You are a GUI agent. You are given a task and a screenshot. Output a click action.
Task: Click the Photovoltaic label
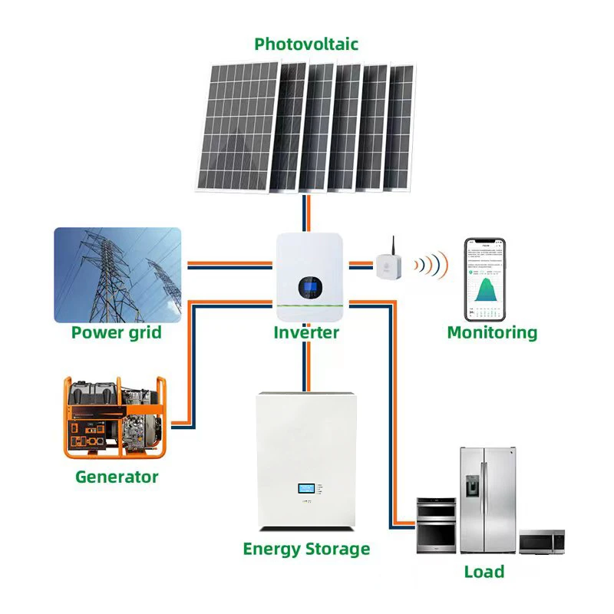[x=306, y=44]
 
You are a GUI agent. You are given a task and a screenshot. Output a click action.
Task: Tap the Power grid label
[x=117, y=332]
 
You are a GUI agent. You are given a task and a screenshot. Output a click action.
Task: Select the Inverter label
[x=306, y=332]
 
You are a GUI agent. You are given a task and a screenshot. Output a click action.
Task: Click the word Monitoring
[x=492, y=332]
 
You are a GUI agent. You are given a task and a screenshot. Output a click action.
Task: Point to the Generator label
[x=117, y=477]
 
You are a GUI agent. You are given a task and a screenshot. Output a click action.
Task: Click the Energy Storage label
[x=306, y=549]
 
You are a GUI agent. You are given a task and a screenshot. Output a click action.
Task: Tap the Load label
[x=484, y=572]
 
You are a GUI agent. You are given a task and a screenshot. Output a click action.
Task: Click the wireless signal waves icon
[x=431, y=266]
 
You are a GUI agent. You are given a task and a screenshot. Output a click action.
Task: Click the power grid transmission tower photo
[x=117, y=274]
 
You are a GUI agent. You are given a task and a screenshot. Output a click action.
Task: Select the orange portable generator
[x=114, y=417]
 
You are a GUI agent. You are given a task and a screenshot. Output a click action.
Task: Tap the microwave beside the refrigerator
[x=542, y=541]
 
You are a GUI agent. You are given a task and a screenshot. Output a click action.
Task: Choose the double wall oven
[x=436, y=526]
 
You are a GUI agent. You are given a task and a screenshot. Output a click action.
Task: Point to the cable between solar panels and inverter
[x=306, y=214]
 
